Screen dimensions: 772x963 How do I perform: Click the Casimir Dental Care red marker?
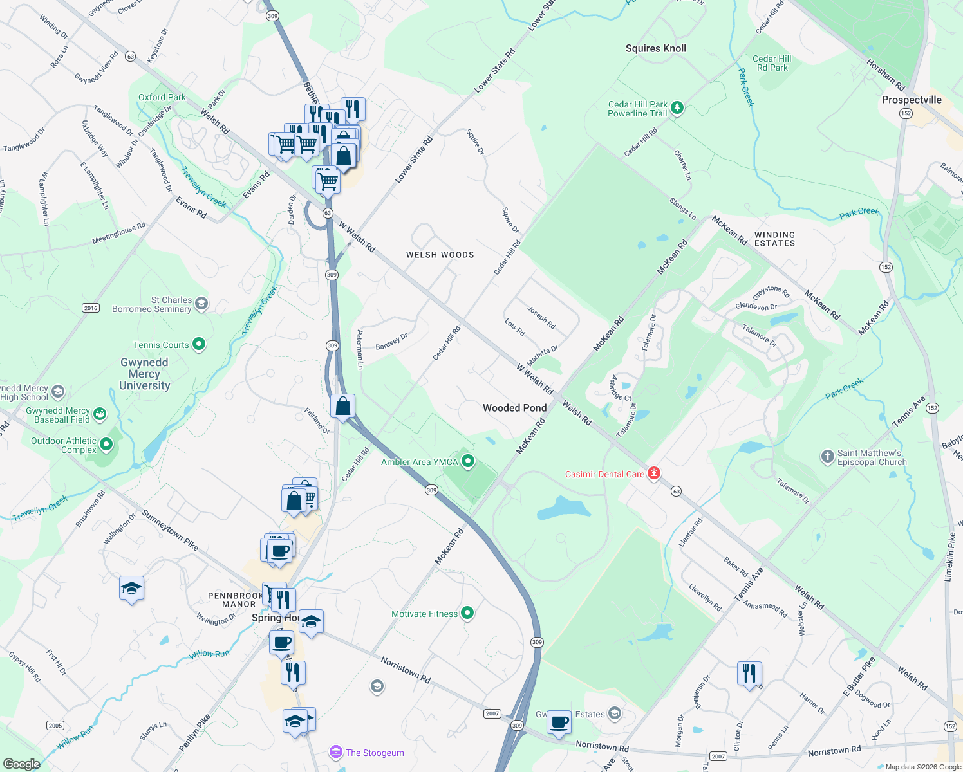tap(654, 474)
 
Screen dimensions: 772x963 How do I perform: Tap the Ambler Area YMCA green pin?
tap(468, 461)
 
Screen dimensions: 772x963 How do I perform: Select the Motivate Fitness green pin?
tap(467, 613)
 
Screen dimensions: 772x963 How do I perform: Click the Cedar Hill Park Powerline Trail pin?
tap(677, 108)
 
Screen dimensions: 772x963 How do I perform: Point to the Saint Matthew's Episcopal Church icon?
tap(827, 457)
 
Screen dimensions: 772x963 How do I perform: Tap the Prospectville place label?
tap(912, 100)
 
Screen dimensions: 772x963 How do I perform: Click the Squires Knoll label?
tap(656, 48)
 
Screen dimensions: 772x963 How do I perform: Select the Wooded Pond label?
tap(514, 408)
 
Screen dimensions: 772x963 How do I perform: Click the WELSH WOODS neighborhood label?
tap(440, 255)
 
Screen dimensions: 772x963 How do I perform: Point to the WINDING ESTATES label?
tap(774, 239)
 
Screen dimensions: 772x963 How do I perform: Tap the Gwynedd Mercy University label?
tap(144, 374)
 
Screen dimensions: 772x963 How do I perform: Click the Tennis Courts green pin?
tap(199, 344)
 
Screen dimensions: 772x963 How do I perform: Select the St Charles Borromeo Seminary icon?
tap(201, 304)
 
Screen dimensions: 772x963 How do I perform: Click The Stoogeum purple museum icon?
tap(335, 752)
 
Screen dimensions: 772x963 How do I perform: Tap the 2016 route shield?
tap(91, 308)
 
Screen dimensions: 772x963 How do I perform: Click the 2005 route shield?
tap(55, 725)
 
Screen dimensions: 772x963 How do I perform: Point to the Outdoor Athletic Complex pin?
tap(106, 444)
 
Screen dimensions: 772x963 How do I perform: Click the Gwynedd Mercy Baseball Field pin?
tap(99, 414)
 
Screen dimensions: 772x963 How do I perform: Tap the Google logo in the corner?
tap(21, 764)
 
